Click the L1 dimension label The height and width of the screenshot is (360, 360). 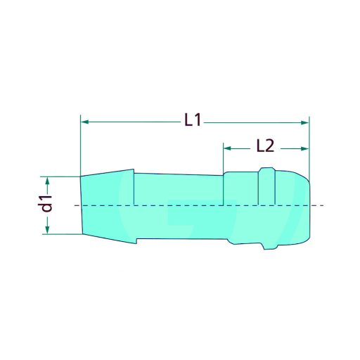[x=193, y=121]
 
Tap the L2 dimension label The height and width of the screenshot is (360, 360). [x=264, y=146]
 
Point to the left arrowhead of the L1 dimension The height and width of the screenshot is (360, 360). [x=85, y=122]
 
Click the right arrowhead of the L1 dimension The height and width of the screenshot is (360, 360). [x=304, y=122]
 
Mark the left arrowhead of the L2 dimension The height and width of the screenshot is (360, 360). [x=228, y=148]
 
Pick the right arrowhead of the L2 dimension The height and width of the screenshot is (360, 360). [x=304, y=148]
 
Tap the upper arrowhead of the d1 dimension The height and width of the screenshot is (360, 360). [x=48, y=181]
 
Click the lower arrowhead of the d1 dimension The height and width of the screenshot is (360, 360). [x=48, y=230]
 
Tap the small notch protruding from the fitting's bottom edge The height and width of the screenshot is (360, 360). [x=266, y=247]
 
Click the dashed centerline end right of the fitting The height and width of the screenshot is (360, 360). [x=320, y=205]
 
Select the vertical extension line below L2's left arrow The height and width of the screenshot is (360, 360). [x=224, y=160]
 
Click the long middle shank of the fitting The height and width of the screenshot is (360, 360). [x=179, y=205]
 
